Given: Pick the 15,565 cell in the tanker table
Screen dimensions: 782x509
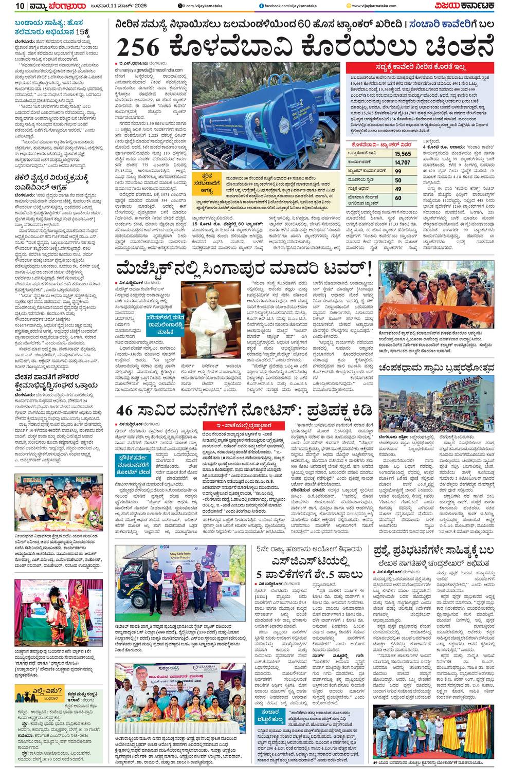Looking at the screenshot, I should [x=403, y=154].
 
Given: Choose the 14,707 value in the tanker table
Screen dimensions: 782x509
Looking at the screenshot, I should [x=403, y=162].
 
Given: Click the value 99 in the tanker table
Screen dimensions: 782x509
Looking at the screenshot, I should [x=398, y=171].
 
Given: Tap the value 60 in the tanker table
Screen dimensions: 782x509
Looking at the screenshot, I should [x=398, y=198].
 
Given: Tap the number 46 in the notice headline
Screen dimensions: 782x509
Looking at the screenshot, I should [x=128, y=411].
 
